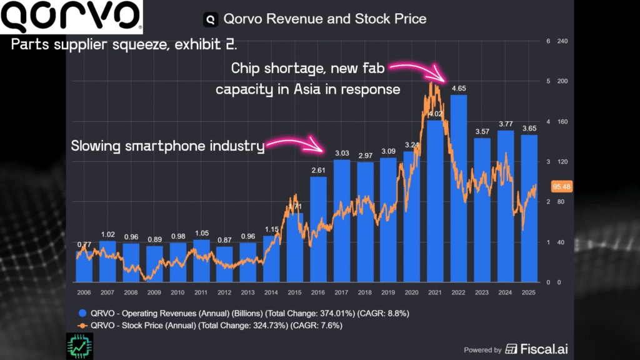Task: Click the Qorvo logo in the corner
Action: coord(71,17)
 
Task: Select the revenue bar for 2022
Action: coord(458,187)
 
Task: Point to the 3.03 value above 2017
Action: coord(341,153)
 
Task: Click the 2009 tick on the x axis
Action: coord(154,292)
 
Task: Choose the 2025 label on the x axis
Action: coord(529,292)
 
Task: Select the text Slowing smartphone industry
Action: coord(167,146)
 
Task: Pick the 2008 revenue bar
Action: coord(131,262)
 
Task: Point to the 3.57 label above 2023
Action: coord(482,131)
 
